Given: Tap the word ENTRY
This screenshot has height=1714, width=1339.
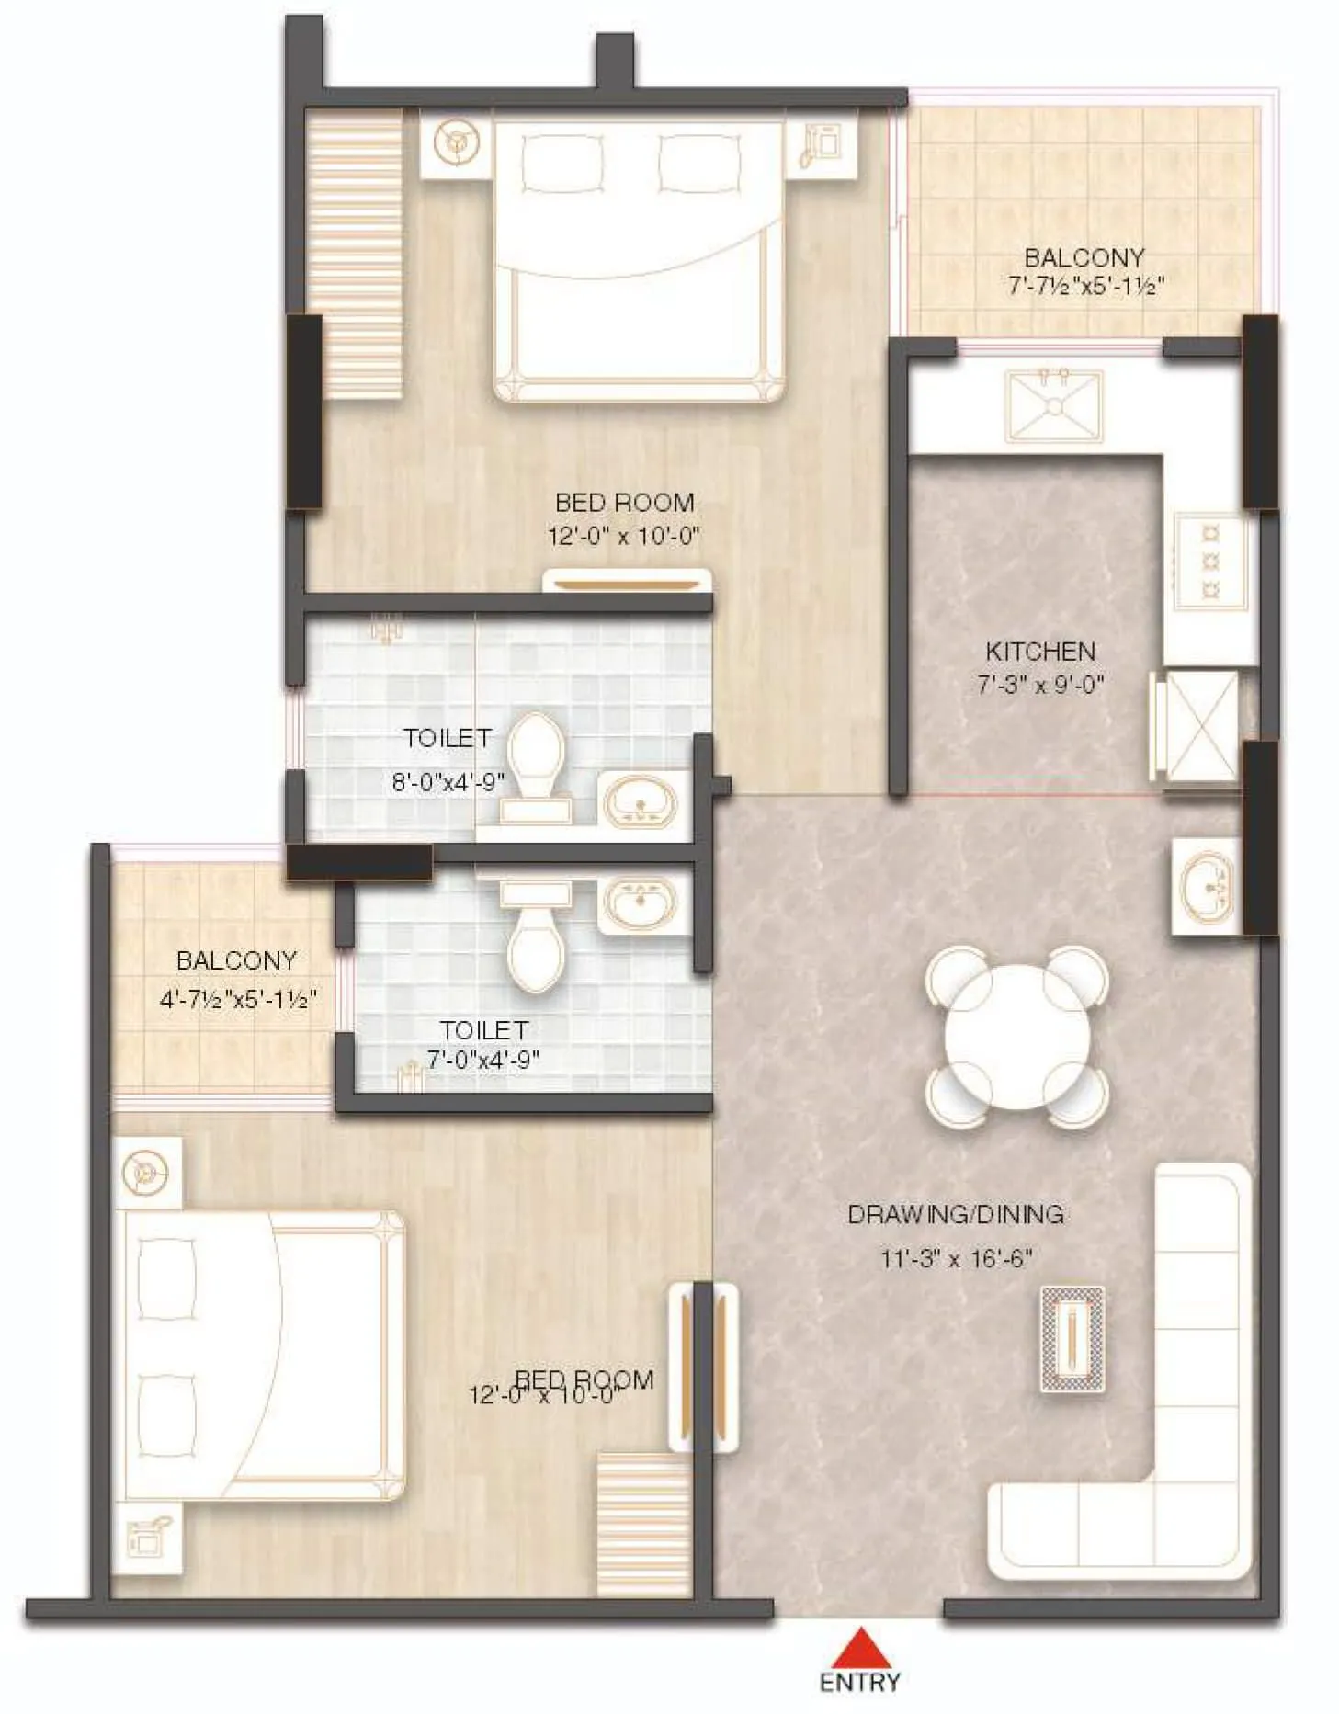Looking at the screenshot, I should pyautogui.click(x=859, y=1682).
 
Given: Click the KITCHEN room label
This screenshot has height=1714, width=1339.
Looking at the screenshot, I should pyautogui.click(x=1039, y=652).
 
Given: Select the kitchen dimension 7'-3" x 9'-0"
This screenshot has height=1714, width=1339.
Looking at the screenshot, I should pyautogui.click(x=1039, y=684).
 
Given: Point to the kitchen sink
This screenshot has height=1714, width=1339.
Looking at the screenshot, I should pyautogui.click(x=1053, y=405).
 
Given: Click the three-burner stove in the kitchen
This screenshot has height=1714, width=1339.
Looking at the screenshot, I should pyautogui.click(x=1210, y=560).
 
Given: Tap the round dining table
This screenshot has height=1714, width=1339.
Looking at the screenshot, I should pyautogui.click(x=1016, y=1036).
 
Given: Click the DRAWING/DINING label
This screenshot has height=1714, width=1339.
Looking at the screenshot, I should pyautogui.click(x=955, y=1214).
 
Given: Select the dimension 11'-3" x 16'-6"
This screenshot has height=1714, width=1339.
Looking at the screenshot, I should pyautogui.click(x=956, y=1258).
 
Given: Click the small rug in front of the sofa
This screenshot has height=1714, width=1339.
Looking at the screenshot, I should pyautogui.click(x=1072, y=1338).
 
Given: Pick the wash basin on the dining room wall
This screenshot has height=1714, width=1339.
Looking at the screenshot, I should pyautogui.click(x=1205, y=886).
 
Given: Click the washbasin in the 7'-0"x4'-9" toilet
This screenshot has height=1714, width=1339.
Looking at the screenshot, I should pyautogui.click(x=641, y=902).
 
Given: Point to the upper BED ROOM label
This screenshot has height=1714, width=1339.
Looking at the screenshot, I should pyautogui.click(x=624, y=502).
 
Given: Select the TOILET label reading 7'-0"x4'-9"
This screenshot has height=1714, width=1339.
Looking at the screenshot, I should pyautogui.click(x=482, y=1029).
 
